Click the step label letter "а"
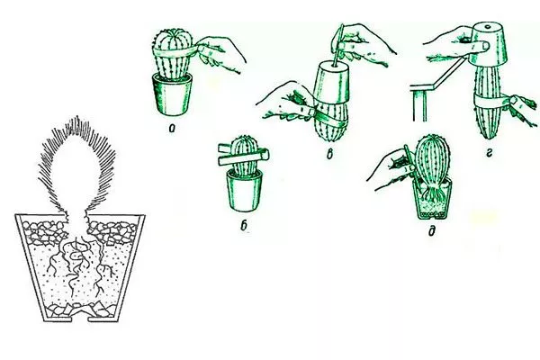pyautogui.click(x=172, y=129)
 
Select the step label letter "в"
pyautogui.click(x=330, y=155)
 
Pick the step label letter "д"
pyautogui.click(x=431, y=230)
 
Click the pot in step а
pyautogui.click(x=172, y=94)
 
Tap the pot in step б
pyautogui.click(x=244, y=191)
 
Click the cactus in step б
pyautogui.click(x=244, y=155)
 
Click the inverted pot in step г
pyautogui.click(x=489, y=43)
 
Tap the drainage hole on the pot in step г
pyautogui.click(x=488, y=26)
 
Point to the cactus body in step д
pyautogui.click(x=433, y=161)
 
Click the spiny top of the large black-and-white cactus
pyautogui.click(x=76, y=162)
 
